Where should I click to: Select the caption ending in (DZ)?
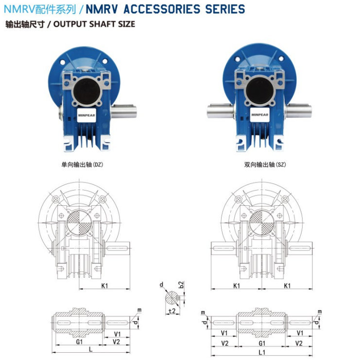coord(82,165)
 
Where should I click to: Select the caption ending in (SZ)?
coord(265,165)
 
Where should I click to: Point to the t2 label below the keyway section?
coord(172,310)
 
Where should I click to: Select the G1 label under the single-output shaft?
coord(79,342)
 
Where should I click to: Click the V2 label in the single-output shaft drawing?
coord(117,342)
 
